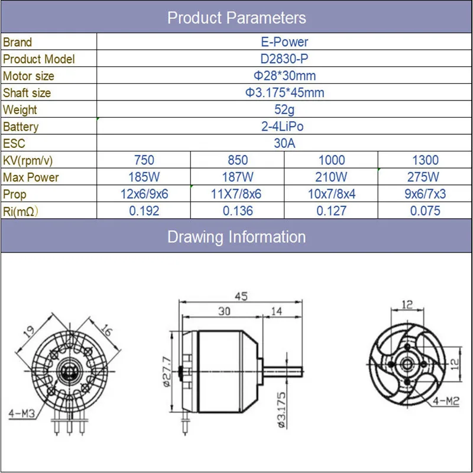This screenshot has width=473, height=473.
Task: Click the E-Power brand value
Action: point(284,42)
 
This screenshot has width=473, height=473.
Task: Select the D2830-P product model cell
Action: point(284,59)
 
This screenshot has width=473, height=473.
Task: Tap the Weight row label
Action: point(20,110)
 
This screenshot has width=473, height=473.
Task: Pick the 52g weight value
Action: point(284,110)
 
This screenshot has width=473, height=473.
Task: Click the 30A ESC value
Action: point(284,143)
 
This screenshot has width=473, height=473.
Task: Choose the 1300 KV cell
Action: point(425,160)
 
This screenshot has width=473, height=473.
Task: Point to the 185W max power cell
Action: point(144,177)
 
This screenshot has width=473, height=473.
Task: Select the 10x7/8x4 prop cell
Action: point(332,194)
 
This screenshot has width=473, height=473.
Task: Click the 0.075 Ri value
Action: point(425,211)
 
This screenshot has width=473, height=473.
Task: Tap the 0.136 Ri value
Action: point(238,211)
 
